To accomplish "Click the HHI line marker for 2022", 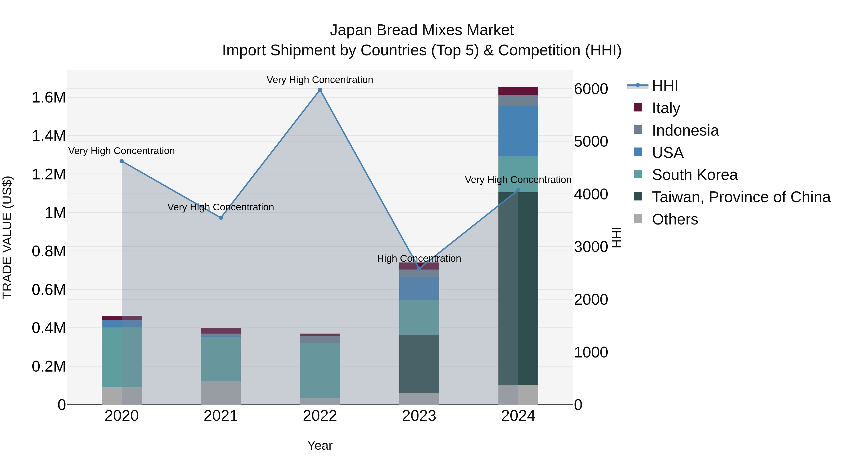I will pos(320,90).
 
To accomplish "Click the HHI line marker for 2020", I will pos(121,161).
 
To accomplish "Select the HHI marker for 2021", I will pos(221,218).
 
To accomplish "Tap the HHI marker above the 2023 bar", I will pos(419,269).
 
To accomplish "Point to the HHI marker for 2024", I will pos(518,190).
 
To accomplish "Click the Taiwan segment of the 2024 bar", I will pos(518,289).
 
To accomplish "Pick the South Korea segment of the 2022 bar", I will pos(320,370).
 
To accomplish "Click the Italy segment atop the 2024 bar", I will pos(518,91).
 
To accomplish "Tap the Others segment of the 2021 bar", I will pos(221,393).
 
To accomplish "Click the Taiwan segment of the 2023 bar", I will pos(419,364).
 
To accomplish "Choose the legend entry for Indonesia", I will pos(685,130).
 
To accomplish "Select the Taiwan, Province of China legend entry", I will pos(741,197).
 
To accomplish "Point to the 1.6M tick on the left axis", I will pos(49,98).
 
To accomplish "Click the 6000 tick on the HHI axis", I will pos(591,89).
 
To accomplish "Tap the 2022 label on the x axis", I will pos(320,416).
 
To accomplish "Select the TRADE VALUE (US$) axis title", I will pos(7,237).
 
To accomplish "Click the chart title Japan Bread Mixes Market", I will pos(422,30).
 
